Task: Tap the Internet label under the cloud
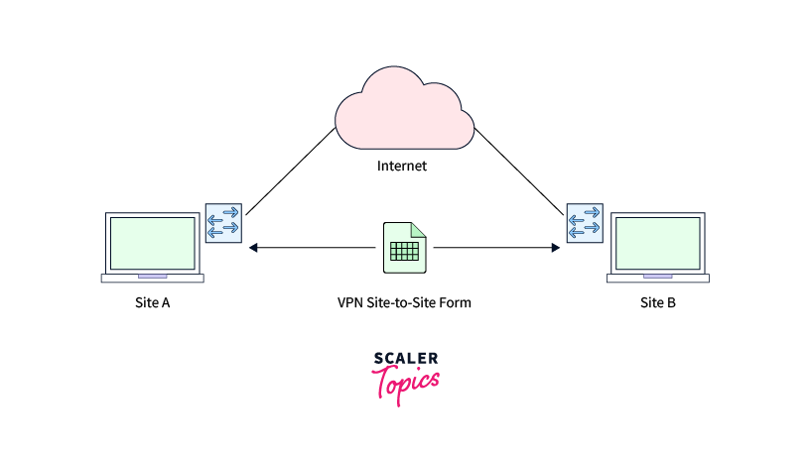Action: pos(402,166)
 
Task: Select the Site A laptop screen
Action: pos(152,241)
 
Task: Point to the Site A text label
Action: pos(152,302)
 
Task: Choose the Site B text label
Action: pos(657,302)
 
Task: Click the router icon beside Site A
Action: pos(222,222)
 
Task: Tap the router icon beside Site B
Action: pos(585,222)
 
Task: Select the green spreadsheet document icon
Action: pos(404,247)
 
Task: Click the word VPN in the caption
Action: pos(350,302)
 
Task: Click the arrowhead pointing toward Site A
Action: pos(254,247)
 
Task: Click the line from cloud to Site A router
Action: pos(291,171)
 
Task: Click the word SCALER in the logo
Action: pos(406,359)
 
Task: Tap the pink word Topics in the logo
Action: pos(406,383)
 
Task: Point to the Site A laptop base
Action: pos(152,279)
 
